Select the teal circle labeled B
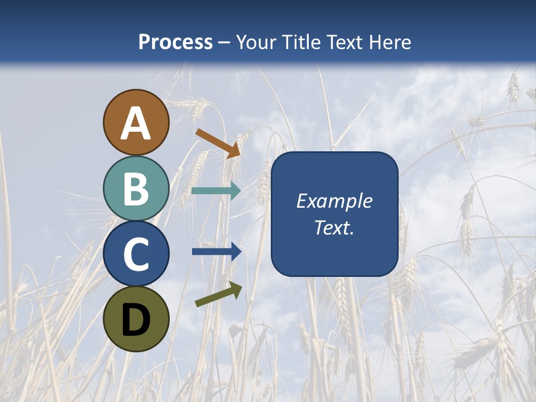136,188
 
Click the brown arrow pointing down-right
218,142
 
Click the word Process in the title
175,42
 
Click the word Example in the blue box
334,202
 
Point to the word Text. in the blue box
334,227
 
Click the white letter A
136,124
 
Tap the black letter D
136,320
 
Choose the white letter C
136,254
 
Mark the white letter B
136,189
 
